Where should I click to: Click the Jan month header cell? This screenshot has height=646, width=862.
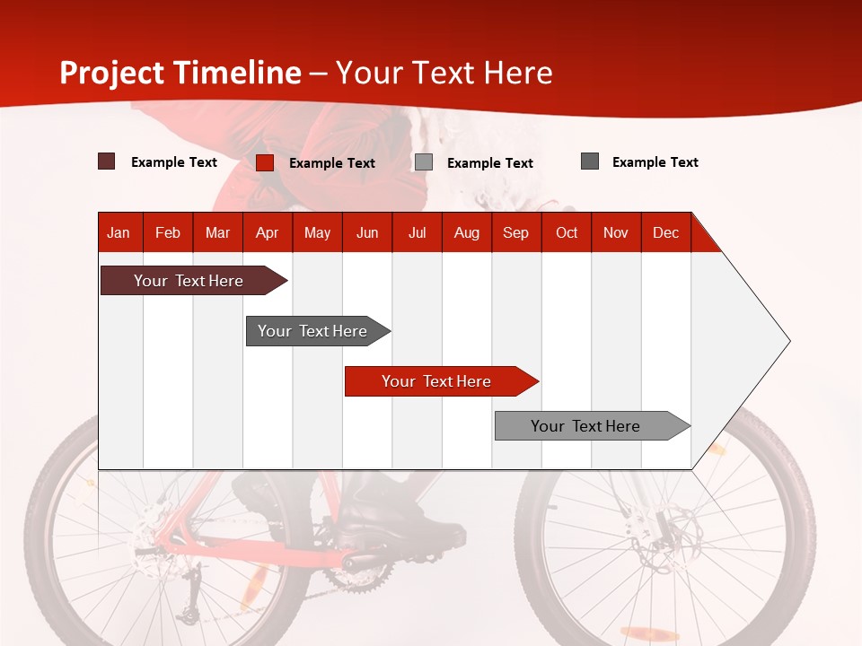[x=119, y=232]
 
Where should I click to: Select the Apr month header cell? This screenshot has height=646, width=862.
[x=268, y=232]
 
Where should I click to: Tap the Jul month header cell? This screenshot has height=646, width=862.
[x=417, y=232]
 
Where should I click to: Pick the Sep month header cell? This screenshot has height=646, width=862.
[x=516, y=232]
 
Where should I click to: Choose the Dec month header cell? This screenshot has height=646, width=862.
[x=665, y=232]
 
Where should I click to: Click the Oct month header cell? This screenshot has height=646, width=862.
[x=567, y=232]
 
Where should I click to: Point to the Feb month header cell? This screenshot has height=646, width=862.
[x=168, y=232]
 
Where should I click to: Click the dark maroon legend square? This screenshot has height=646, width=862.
[x=107, y=161]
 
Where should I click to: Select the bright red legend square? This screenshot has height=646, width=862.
[x=265, y=162]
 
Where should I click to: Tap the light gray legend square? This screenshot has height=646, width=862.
[x=424, y=162]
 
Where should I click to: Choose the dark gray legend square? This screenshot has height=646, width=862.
[x=590, y=161]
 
